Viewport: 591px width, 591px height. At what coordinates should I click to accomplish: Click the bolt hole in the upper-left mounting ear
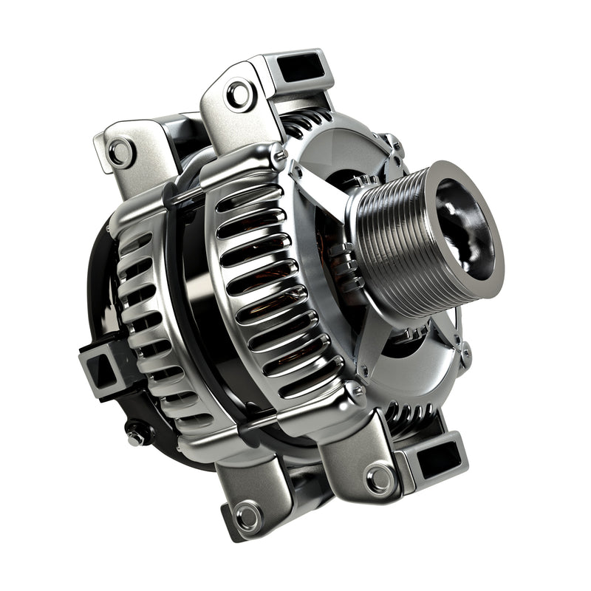(x=120, y=152)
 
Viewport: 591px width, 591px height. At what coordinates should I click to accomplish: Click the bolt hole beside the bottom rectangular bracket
(x=380, y=479)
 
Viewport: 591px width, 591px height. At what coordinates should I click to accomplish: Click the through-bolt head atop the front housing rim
(x=278, y=154)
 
